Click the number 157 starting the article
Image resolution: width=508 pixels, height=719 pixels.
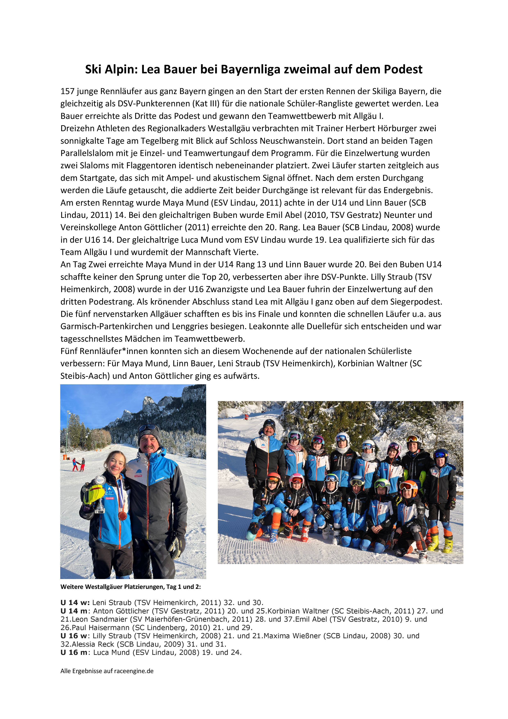[x=67, y=91]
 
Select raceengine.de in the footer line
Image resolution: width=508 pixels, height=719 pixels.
[x=134, y=671]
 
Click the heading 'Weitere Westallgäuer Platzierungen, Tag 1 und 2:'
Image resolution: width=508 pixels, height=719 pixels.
[x=131, y=587]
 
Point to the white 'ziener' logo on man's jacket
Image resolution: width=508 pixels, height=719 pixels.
[x=160, y=479]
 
